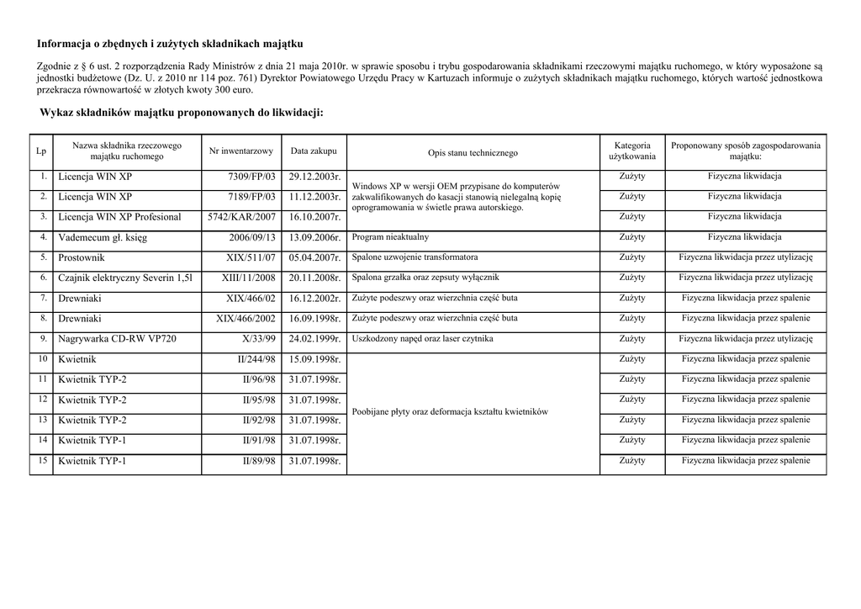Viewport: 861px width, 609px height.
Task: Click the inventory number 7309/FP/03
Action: coord(252,177)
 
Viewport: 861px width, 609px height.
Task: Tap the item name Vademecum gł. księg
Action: coord(103,238)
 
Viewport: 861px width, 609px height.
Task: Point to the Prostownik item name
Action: coord(82,258)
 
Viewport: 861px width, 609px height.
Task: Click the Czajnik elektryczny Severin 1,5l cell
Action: coord(125,278)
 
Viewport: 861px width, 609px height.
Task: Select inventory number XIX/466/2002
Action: coord(246,319)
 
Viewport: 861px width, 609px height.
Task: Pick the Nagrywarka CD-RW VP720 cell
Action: coord(117,339)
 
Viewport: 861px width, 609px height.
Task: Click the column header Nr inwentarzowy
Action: coord(241,151)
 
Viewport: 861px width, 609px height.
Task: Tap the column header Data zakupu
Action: coord(314,151)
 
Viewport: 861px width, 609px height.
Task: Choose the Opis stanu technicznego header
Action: coord(473,153)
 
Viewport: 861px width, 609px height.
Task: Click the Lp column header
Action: coord(41,151)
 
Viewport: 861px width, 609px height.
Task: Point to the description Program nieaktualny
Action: coord(390,238)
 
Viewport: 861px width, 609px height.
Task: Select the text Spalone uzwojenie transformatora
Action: coord(415,257)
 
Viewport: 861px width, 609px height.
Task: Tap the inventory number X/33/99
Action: coord(258,339)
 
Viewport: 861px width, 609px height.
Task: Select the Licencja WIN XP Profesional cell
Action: coord(119,217)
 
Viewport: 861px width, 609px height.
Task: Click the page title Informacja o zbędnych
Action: coord(170,43)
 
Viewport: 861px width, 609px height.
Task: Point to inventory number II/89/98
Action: coord(259,461)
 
